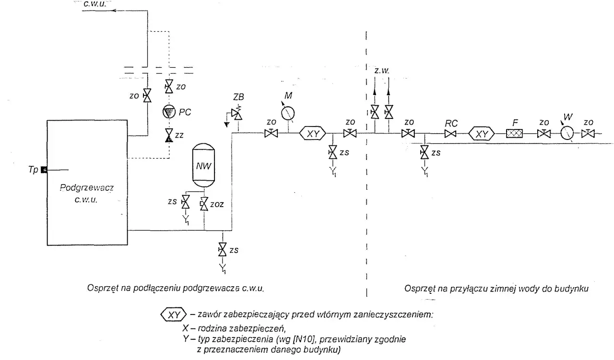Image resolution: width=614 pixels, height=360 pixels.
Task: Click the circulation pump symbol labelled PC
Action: pos(169,112)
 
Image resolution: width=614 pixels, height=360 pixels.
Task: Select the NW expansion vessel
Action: pos(204,165)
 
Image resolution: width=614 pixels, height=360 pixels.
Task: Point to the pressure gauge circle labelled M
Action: pos(288,113)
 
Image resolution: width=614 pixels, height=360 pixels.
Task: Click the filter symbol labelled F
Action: pos(514,133)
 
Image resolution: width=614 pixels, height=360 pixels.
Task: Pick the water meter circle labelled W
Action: pos(567,133)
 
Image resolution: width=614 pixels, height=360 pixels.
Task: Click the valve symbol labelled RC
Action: pos(450,134)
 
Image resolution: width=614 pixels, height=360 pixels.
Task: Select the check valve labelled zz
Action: pos(169,135)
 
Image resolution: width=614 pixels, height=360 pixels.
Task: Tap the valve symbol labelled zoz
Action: pos(204,204)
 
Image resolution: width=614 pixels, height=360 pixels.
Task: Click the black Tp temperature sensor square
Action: pos(44,170)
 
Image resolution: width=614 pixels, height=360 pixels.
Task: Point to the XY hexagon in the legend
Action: pos(174,315)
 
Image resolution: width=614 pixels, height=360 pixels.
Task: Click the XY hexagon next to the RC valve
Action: pos(482,134)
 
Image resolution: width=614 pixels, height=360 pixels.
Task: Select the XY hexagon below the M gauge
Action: pos(313,133)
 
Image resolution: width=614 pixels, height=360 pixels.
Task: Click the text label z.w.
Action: pos(382,70)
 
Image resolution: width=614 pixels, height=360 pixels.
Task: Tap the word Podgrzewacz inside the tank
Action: pos(87,188)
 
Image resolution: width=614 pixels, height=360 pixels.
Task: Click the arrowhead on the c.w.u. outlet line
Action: pos(115,11)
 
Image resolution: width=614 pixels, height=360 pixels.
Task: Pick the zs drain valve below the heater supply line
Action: pos(222,250)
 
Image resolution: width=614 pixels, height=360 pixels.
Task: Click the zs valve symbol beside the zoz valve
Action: pos(186,202)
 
